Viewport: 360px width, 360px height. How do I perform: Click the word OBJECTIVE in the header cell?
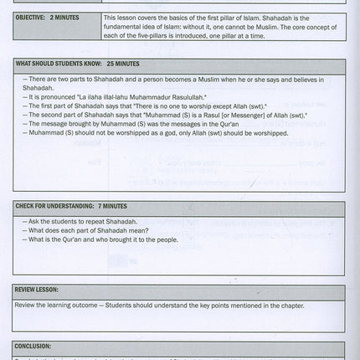click(33, 28)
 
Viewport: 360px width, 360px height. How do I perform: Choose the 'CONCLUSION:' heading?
click(33, 346)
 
